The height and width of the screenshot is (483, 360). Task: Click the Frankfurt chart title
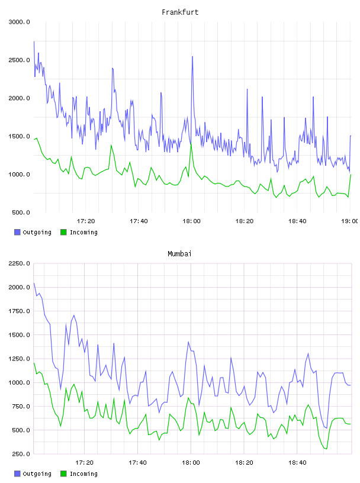[180, 12]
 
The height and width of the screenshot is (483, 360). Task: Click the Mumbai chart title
[179, 254]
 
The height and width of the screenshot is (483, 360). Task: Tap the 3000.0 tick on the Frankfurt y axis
[19, 22]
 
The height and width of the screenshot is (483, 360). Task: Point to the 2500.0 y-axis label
[19, 60]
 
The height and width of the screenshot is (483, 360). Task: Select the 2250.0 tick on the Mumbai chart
[19, 263]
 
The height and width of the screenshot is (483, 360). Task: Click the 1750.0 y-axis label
[19, 311]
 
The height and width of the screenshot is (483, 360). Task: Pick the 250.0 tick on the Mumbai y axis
[21, 454]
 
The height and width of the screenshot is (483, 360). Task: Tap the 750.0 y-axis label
[21, 406]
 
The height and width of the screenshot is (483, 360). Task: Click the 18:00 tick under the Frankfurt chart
[191, 221]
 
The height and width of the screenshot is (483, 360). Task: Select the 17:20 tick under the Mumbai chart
[84, 463]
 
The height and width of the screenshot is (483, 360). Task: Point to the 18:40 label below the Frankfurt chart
[297, 221]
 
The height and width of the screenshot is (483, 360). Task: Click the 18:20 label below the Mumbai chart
[244, 463]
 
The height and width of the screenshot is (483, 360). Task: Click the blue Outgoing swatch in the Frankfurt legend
[17, 232]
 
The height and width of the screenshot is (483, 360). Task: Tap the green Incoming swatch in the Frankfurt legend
[63, 232]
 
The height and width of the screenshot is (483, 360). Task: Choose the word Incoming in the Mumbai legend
[83, 474]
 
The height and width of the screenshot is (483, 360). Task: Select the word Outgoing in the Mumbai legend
[37, 474]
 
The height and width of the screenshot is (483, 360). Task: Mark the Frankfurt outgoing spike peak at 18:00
[192, 57]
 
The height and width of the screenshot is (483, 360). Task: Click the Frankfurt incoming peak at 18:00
[191, 144]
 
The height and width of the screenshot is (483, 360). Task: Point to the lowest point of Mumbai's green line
[326, 449]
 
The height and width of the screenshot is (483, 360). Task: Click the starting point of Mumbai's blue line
[34, 283]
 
